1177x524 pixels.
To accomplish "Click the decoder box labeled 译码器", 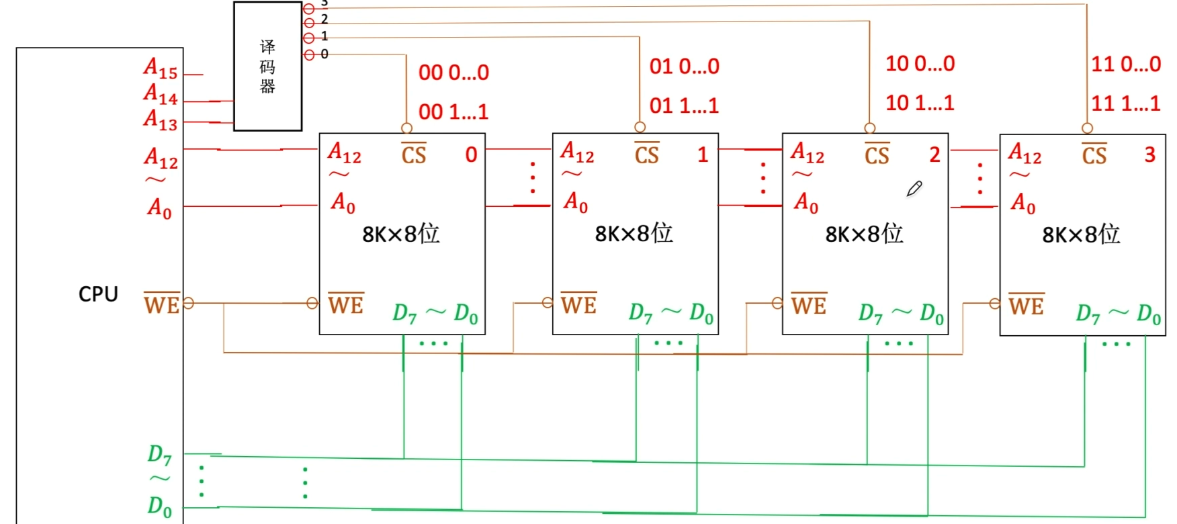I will click(267, 67).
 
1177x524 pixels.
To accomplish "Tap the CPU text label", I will click(98, 294).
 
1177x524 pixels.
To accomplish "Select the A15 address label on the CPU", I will click(161, 68).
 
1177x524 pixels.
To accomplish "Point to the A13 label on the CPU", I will click(161, 120).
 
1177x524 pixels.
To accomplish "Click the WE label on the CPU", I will click(162, 304).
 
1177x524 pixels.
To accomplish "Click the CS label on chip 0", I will click(414, 155).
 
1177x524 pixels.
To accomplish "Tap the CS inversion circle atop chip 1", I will click(640, 127).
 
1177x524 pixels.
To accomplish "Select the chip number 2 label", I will click(934, 155).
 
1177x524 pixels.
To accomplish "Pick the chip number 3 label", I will click(1150, 155).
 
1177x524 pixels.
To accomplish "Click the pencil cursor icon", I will click(914, 189).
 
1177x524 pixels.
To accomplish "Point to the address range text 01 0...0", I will click(684, 67).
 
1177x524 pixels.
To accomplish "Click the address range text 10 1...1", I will click(920, 103).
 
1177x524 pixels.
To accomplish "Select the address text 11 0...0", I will click(1126, 64).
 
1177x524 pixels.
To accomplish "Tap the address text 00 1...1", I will click(453, 112).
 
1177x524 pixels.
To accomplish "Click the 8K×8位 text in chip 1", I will click(634, 234).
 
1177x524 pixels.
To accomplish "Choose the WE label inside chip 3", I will click(1026, 306).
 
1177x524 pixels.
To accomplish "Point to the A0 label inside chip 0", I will click(343, 202).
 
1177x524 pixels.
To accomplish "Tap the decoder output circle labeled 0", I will click(309, 54).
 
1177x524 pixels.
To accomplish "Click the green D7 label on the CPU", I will click(159, 455).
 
